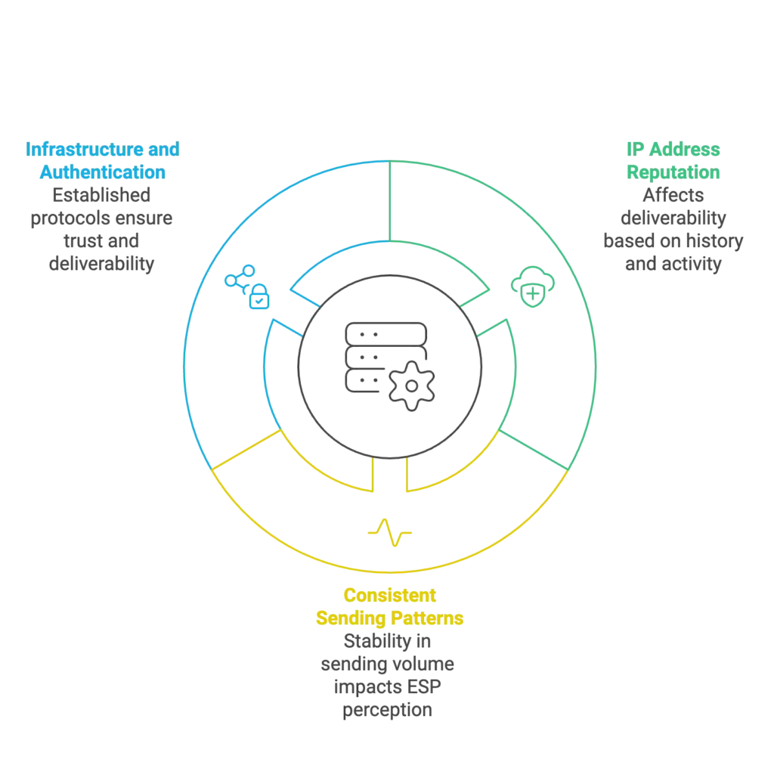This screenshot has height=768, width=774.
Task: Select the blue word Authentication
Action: click(x=103, y=172)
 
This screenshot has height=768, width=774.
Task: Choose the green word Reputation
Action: click(x=674, y=172)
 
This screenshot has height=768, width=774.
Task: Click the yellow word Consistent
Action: click(x=390, y=596)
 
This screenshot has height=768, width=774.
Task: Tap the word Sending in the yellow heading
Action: click(x=349, y=619)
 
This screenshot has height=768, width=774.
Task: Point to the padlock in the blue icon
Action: click(x=259, y=296)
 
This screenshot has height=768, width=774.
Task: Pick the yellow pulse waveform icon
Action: click(x=389, y=533)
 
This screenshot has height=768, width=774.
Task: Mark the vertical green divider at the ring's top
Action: click(x=389, y=200)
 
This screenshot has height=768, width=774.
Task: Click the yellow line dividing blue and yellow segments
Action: click(x=246, y=452)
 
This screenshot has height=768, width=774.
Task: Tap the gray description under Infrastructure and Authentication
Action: click(x=103, y=230)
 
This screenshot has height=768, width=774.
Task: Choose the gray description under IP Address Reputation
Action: click(x=671, y=230)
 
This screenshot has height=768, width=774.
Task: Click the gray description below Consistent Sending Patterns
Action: click(x=389, y=677)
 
